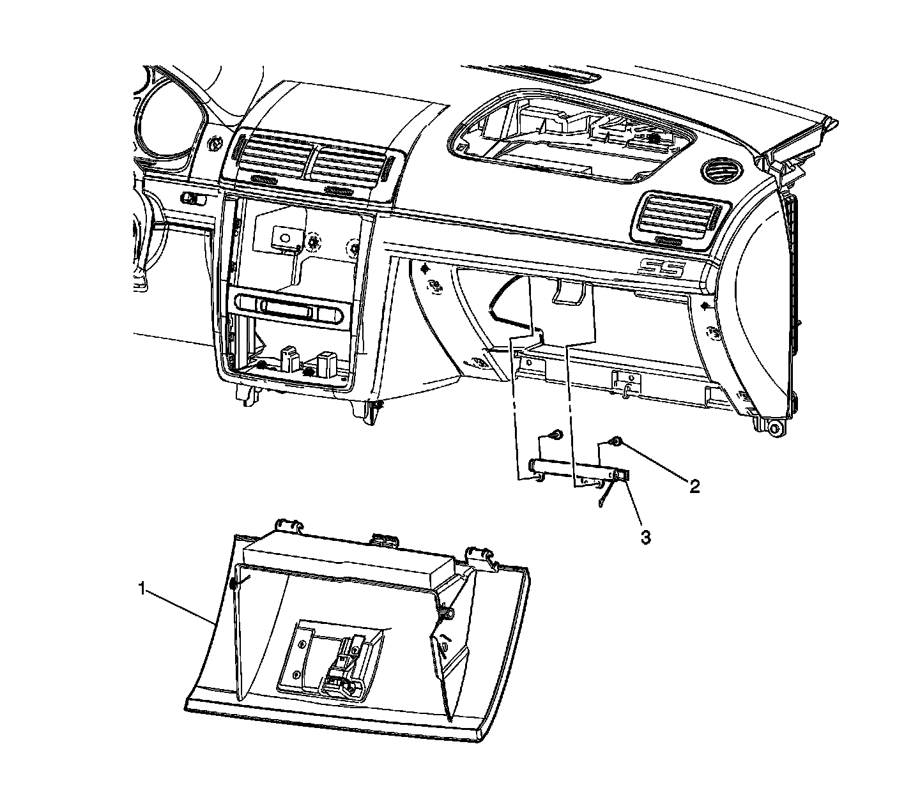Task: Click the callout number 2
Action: pyautogui.click(x=694, y=487)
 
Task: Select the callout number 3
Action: pyautogui.click(x=646, y=538)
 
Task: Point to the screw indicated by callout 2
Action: pyautogui.click(x=617, y=442)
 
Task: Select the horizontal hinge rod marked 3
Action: pyautogui.click(x=575, y=469)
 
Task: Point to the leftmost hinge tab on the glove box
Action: pyautogui.click(x=289, y=526)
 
